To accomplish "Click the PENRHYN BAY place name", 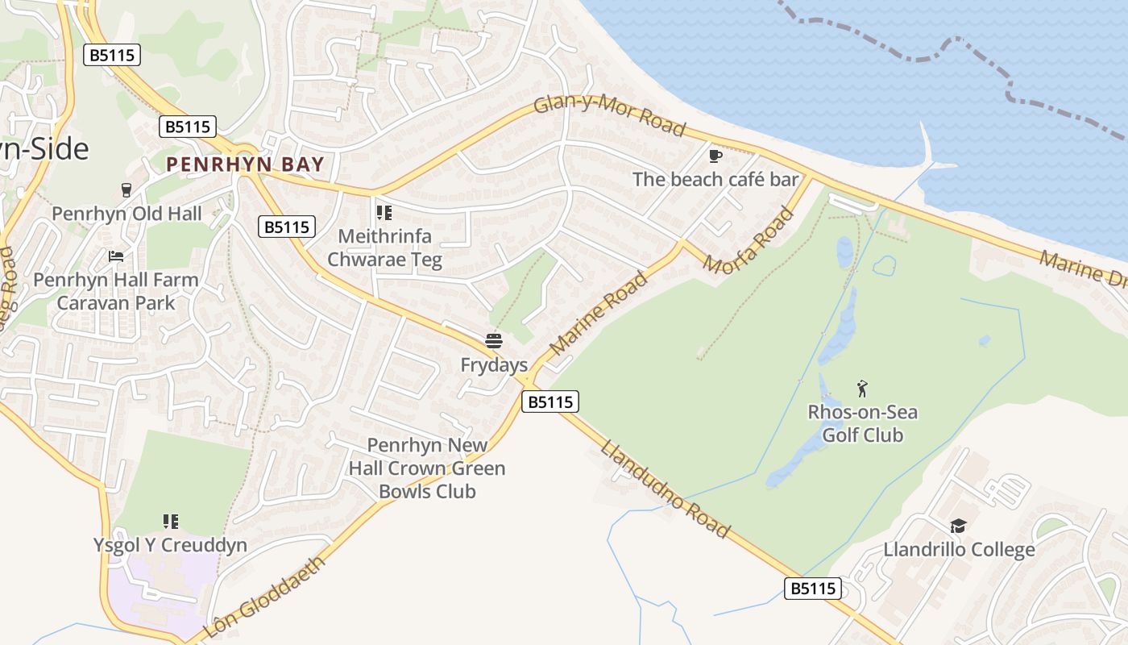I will click(245, 165).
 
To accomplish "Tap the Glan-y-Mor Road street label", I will click(609, 118).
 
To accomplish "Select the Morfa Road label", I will click(749, 240).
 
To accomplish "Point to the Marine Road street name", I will click(598, 314).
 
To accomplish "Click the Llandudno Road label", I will click(666, 489).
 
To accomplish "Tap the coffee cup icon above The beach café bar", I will click(715, 156).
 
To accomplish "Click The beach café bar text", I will click(715, 179).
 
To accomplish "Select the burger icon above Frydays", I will click(494, 341).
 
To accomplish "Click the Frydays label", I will click(494, 365).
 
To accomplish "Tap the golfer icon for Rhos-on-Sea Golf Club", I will click(863, 389).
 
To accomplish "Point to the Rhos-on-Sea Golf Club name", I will click(863, 424).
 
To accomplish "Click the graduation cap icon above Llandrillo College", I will click(958, 526).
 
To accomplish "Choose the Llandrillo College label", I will click(959, 550).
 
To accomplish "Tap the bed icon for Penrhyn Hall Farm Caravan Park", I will click(116, 256).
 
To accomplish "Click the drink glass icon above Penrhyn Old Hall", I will click(126, 190).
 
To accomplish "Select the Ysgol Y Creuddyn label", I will click(170, 545).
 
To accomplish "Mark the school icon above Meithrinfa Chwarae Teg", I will click(384, 213).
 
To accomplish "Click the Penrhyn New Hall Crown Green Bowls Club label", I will click(427, 468).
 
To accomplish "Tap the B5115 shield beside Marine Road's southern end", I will click(550, 402).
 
